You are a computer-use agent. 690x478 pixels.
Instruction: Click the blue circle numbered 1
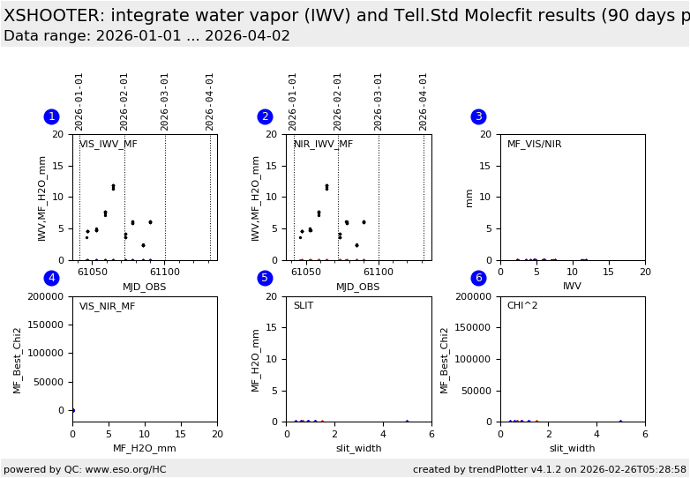tap(51, 116)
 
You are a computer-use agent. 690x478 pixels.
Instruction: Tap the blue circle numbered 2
tap(265, 116)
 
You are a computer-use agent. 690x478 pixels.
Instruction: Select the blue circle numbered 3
tap(478, 116)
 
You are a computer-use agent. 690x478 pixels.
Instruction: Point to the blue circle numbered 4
tap(51, 278)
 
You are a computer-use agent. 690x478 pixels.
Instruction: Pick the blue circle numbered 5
tap(265, 278)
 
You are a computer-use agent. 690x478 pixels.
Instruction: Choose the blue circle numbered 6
tap(478, 278)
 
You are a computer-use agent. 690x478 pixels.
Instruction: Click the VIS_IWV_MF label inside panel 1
tap(109, 145)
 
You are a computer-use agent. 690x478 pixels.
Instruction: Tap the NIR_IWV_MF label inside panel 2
tap(323, 145)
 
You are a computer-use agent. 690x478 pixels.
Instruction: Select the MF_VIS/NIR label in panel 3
tap(534, 145)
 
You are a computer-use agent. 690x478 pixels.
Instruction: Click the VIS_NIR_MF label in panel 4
tap(108, 307)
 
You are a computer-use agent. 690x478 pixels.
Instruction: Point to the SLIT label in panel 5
tap(304, 306)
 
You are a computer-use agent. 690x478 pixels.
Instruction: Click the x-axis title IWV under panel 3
tap(572, 287)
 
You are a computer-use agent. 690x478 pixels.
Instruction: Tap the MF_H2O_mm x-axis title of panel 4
tap(145, 448)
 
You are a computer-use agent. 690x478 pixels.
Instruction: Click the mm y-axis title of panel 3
tap(469, 198)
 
